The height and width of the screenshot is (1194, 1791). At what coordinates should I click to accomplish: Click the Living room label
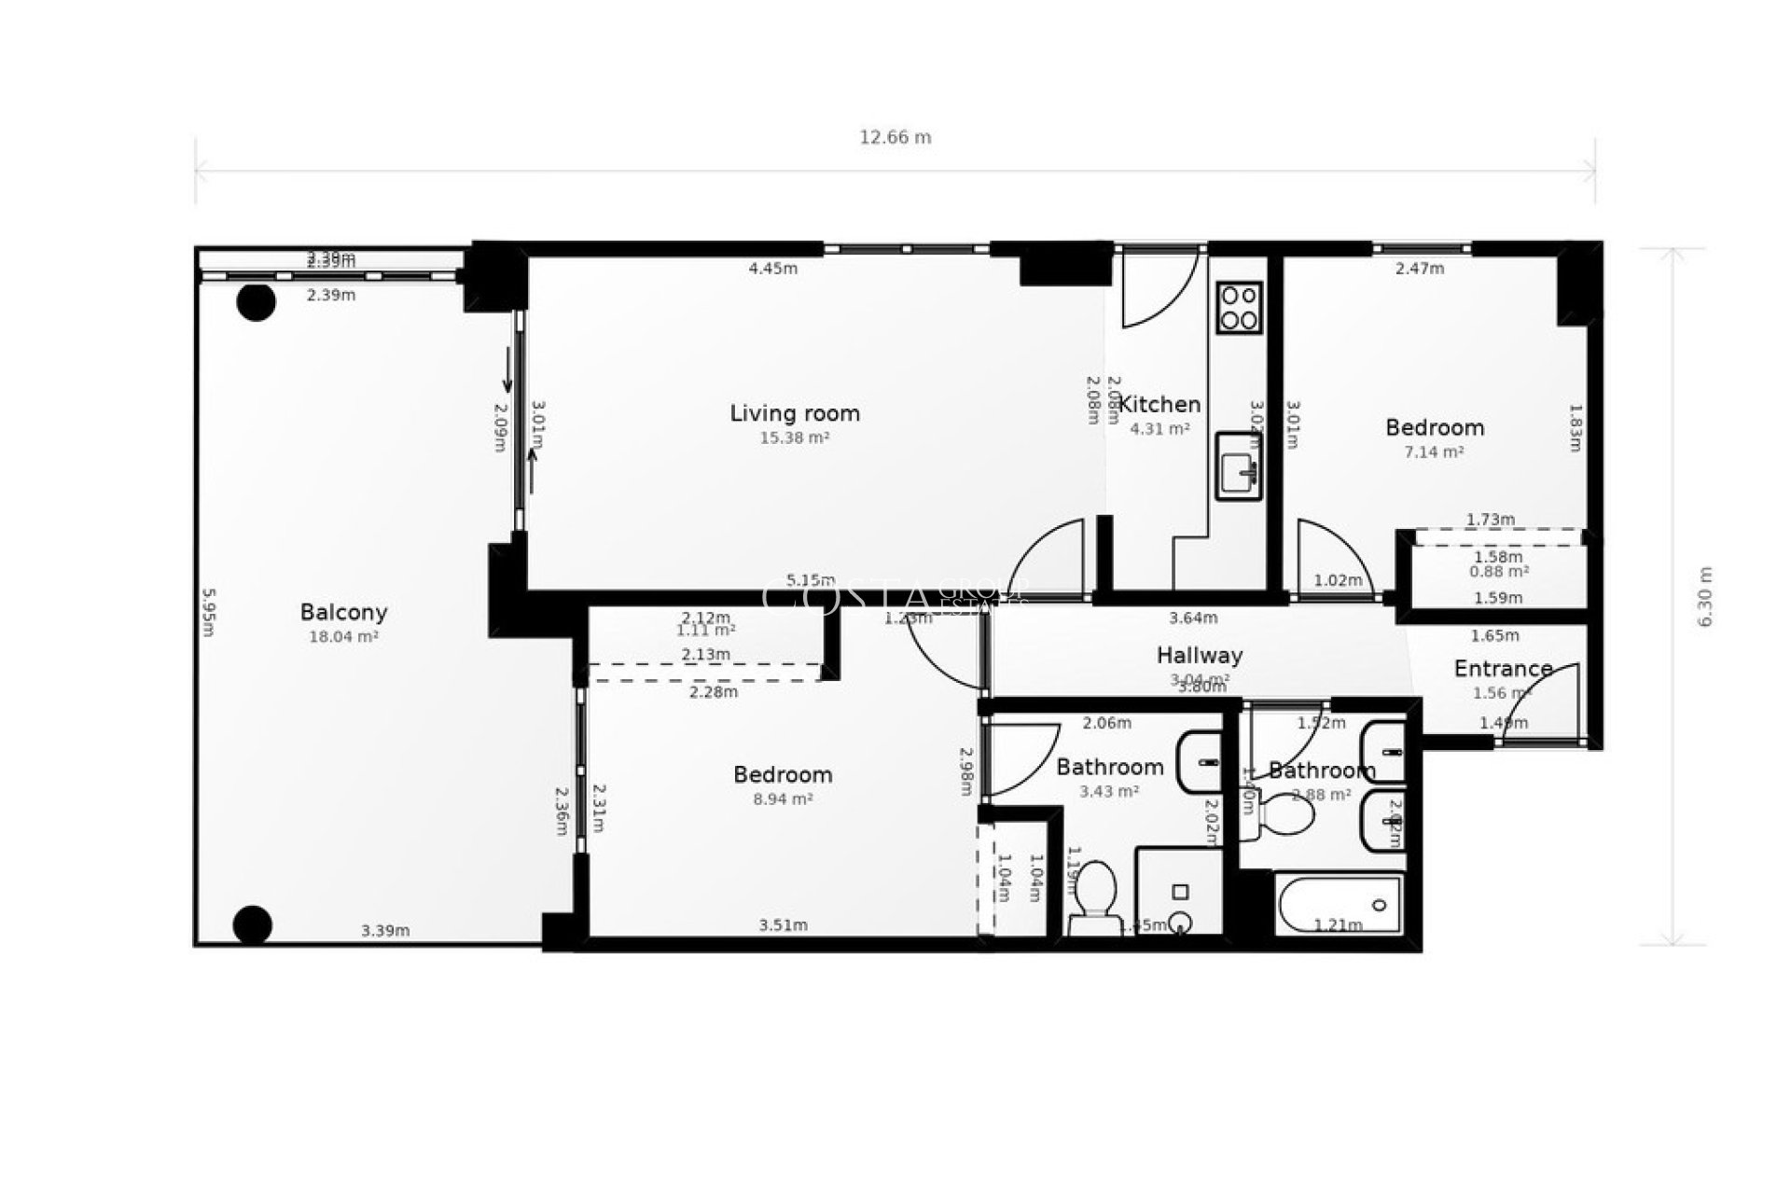(795, 413)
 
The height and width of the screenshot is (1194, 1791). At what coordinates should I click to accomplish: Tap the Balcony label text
(343, 612)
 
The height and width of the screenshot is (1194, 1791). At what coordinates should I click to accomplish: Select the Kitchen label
(1159, 404)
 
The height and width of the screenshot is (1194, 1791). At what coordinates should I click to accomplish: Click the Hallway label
(1199, 655)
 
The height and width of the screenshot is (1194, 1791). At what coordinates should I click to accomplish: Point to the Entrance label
(1503, 669)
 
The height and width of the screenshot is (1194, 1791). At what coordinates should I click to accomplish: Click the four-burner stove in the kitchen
(1239, 308)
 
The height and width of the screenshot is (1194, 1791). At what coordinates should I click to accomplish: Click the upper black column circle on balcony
(256, 302)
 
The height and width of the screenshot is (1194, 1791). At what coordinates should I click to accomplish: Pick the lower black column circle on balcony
(252, 924)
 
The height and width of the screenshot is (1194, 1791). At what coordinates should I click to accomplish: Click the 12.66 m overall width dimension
(895, 137)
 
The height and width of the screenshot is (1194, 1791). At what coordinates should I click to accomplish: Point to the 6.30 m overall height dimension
(1706, 597)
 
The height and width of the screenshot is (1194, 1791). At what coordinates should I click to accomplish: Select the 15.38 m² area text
(795, 437)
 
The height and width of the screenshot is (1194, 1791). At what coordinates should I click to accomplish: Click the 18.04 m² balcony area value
(343, 637)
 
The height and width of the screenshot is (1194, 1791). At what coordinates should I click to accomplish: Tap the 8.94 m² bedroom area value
(783, 799)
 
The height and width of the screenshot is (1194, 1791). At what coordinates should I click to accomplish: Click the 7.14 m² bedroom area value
(1434, 452)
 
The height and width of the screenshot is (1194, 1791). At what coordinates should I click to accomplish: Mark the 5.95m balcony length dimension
(209, 612)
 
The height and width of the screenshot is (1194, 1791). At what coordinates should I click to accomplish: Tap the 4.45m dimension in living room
(773, 269)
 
